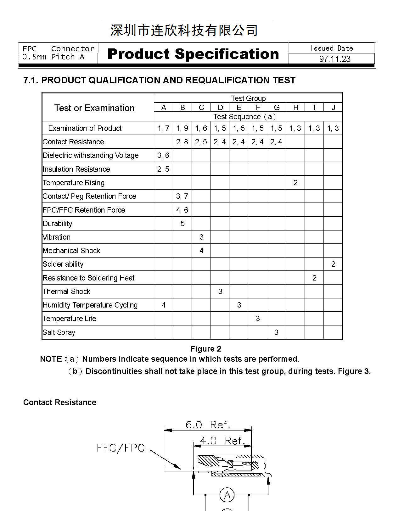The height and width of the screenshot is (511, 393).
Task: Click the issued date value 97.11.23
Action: click(334, 59)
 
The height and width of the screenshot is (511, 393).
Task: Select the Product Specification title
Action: click(193, 54)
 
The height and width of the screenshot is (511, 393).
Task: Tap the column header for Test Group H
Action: click(295, 108)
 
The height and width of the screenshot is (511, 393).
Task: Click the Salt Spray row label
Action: click(59, 332)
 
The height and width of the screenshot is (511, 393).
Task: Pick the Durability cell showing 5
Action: click(182, 224)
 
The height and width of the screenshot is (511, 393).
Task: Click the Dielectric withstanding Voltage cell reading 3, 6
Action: click(163, 155)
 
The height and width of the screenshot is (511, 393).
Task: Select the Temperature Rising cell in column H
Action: click(295, 183)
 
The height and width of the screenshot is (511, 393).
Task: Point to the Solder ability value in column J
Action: click(333, 264)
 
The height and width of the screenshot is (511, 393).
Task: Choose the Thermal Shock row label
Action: click(66, 292)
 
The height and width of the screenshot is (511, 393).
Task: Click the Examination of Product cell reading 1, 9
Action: click(182, 128)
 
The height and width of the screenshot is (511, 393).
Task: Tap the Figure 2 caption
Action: click(206, 349)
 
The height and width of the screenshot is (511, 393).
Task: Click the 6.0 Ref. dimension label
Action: click(208, 425)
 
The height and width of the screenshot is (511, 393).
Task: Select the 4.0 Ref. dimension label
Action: click(222, 441)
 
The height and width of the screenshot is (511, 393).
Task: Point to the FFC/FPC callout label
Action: click(121, 448)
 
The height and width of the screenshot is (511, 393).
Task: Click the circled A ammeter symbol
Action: click(227, 495)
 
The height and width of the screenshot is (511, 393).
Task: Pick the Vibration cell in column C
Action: click(201, 237)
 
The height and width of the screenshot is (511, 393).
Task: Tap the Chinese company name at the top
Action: click(184, 31)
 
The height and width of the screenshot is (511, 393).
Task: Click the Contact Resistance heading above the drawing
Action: click(60, 402)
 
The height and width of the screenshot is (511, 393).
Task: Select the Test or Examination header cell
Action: click(94, 108)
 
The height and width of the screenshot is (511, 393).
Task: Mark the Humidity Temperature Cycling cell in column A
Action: click(164, 305)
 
